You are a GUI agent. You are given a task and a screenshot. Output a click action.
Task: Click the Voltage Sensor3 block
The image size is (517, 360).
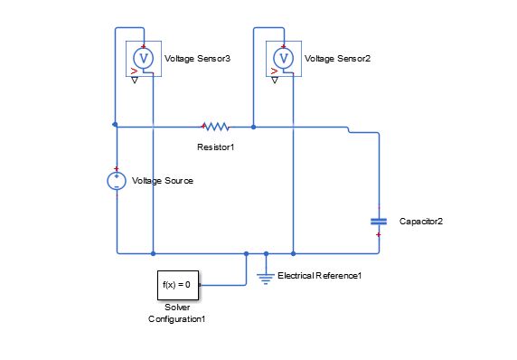(x=144, y=58)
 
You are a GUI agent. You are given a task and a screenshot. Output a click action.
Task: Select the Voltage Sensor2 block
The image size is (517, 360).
(x=284, y=58)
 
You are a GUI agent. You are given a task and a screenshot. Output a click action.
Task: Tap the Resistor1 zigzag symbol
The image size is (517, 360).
(x=216, y=127)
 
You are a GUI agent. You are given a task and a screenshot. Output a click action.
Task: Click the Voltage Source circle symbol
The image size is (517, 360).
(x=117, y=181)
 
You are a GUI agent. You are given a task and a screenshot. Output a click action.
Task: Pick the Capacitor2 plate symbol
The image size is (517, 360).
(x=379, y=220)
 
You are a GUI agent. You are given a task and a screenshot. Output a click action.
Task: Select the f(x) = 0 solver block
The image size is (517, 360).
(x=175, y=285)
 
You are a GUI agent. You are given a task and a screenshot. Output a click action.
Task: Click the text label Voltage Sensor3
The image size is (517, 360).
(x=197, y=58)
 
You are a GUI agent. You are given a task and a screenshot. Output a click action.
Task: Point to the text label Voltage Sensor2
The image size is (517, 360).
(x=338, y=58)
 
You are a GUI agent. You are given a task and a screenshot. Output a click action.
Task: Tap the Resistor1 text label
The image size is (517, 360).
(x=216, y=146)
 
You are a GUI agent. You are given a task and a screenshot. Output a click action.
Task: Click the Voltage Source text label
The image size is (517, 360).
(x=163, y=181)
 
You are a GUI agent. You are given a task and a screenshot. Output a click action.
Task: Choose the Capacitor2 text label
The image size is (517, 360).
(x=420, y=220)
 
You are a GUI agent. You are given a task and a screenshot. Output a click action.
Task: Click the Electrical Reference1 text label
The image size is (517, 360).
(x=319, y=275)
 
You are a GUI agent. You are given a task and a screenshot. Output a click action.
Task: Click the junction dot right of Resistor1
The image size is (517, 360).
(x=253, y=127)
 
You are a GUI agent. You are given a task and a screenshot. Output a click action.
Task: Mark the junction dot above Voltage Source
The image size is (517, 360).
(x=116, y=124)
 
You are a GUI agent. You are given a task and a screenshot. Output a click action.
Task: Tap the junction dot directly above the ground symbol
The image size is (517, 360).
(x=266, y=253)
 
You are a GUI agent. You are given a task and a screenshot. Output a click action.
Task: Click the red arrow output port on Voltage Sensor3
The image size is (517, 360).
(x=135, y=69)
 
